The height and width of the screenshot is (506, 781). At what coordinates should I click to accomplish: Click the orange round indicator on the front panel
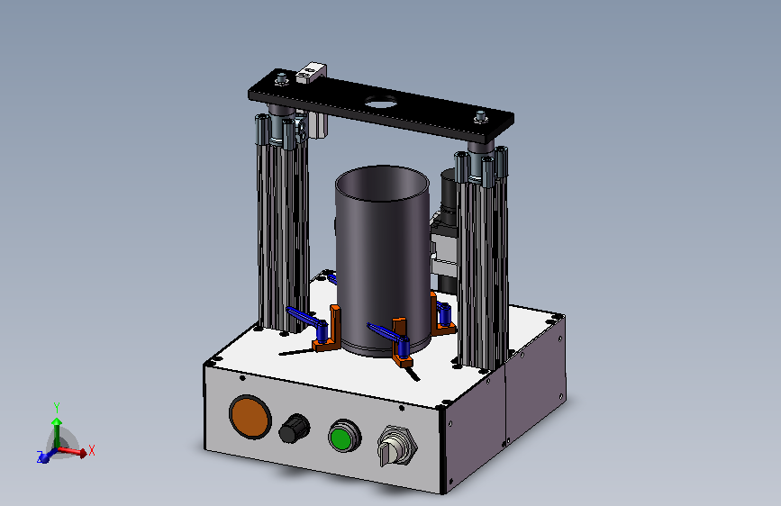point(250,417)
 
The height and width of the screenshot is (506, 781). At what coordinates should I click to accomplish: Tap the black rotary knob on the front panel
point(294,429)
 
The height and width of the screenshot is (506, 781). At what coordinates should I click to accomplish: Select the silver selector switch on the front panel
point(397,446)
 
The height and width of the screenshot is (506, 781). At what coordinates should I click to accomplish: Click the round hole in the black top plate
point(382,104)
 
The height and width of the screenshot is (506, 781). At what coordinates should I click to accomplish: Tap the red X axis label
point(91,451)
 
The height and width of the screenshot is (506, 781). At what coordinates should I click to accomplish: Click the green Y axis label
point(57,408)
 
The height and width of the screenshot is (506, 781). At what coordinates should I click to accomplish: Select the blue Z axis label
point(40,456)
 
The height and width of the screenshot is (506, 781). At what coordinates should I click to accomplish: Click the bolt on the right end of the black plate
point(481,118)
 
